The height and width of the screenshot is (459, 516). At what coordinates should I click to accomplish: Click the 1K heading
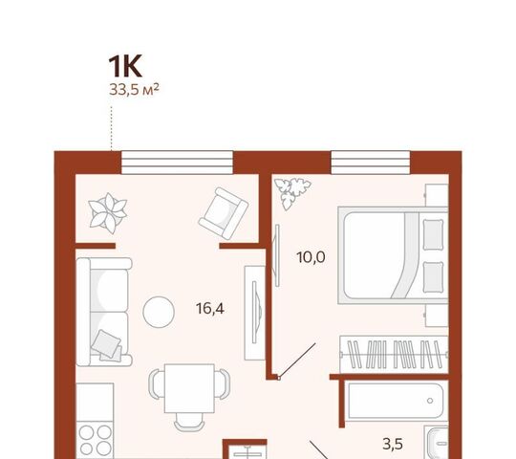(x=125, y=66)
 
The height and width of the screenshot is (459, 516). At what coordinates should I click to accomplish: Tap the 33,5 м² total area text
(x=134, y=89)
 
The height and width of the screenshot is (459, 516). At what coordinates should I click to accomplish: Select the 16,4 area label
(x=210, y=309)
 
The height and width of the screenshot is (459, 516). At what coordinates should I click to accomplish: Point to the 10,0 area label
(x=311, y=257)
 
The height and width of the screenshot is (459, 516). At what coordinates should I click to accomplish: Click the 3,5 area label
(x=393, y=445)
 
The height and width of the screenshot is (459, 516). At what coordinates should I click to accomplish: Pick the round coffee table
(x=159, y=312)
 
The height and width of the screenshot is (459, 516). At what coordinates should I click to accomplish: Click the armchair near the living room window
(x=224, y=213)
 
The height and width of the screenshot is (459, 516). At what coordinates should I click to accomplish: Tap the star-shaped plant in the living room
(x=108, y=213)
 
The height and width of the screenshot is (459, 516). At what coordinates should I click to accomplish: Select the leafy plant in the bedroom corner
(x=292, y=192)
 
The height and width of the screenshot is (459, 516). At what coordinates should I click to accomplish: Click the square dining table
(x=189, y=388)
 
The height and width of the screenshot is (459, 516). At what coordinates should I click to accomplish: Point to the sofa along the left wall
(x=104, y=312)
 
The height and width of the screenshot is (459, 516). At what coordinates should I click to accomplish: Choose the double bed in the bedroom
(x=393, y=255)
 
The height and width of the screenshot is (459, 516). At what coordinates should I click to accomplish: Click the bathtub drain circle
(x=430, y=401)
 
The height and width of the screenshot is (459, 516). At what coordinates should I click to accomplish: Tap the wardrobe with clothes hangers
(x=394, y=355)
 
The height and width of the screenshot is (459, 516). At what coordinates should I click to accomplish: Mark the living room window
(x=177, y=163)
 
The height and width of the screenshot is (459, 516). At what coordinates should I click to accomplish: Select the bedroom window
(x=370, y=163)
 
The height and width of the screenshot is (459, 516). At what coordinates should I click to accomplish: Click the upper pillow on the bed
(x=433, y=234)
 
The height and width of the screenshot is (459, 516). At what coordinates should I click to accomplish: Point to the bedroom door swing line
(x=297, y=361)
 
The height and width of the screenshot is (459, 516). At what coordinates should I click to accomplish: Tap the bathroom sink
(x=438, y=442)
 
